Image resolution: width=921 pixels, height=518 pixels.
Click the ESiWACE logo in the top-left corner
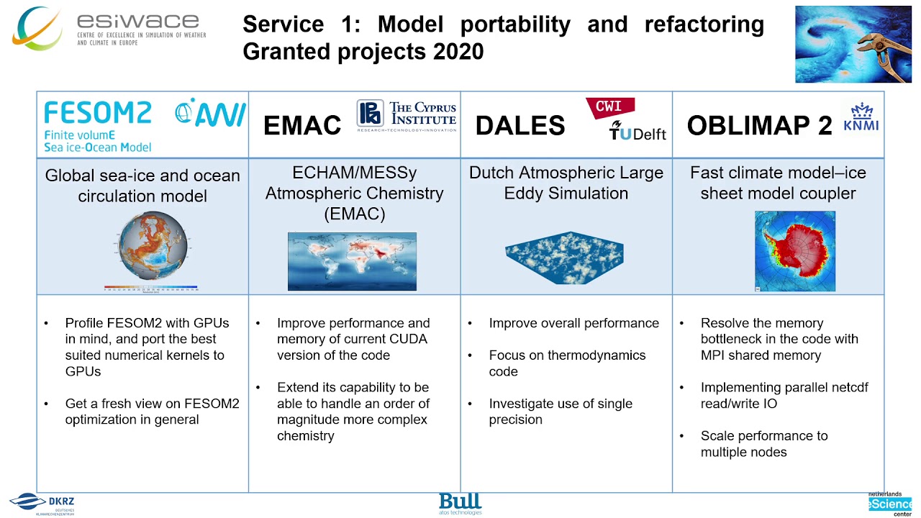click(108, 29)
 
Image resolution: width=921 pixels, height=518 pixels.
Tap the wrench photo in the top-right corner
click(853, 45)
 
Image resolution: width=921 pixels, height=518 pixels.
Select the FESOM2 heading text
click(98, 113)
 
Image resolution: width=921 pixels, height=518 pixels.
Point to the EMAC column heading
click(302, 126)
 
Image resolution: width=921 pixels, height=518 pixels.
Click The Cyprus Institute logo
click(407, 116)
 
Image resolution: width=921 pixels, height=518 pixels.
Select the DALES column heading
click(520, 126)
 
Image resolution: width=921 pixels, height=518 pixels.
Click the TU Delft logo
click(638, 131)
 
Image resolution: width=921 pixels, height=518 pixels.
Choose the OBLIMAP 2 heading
click(759, 126)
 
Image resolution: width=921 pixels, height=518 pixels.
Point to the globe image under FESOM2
click(152, 248)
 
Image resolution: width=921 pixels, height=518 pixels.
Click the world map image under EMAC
click(352, 261)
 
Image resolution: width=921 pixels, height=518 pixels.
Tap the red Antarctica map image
click(795, 251)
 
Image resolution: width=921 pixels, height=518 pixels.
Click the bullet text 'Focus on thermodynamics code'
click(567, 363)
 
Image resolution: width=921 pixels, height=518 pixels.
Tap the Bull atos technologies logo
click(460, 504)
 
